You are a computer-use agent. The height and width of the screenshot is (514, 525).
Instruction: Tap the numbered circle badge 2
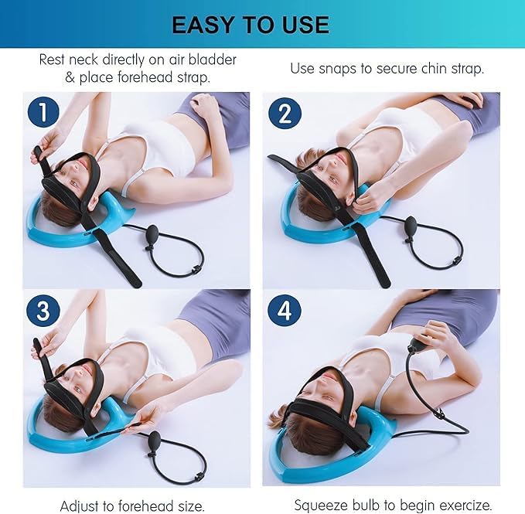point(284,114)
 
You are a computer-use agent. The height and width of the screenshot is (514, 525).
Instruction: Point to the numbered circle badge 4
point(284,311)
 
